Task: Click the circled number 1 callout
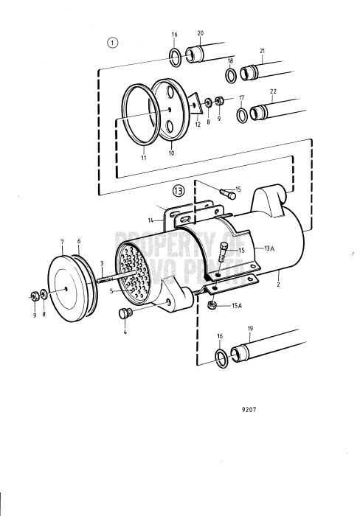(113, 42)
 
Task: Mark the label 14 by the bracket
(150, 219)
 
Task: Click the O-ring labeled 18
(230, 75)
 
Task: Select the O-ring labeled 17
(241, 115)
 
